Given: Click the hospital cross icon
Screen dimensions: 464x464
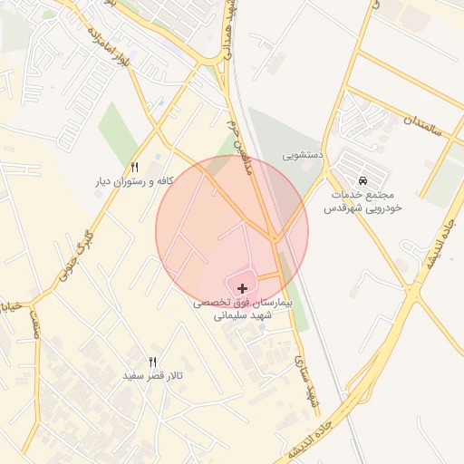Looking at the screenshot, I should [x=242, y=287].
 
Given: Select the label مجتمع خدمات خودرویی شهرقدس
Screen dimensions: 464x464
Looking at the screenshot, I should [x=363, y=201].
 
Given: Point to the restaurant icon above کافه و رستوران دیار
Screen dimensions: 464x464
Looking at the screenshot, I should [x=135, y=167].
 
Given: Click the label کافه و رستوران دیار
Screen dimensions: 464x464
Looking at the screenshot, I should [x=135, y=181].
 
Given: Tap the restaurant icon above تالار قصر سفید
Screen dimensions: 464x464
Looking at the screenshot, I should [x=153, y=361].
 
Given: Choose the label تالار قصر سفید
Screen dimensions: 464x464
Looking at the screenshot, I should [x=153, y=375].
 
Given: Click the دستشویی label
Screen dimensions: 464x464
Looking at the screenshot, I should [x=302, y=155].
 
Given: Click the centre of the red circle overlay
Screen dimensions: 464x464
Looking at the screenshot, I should [x=232, y=232].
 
